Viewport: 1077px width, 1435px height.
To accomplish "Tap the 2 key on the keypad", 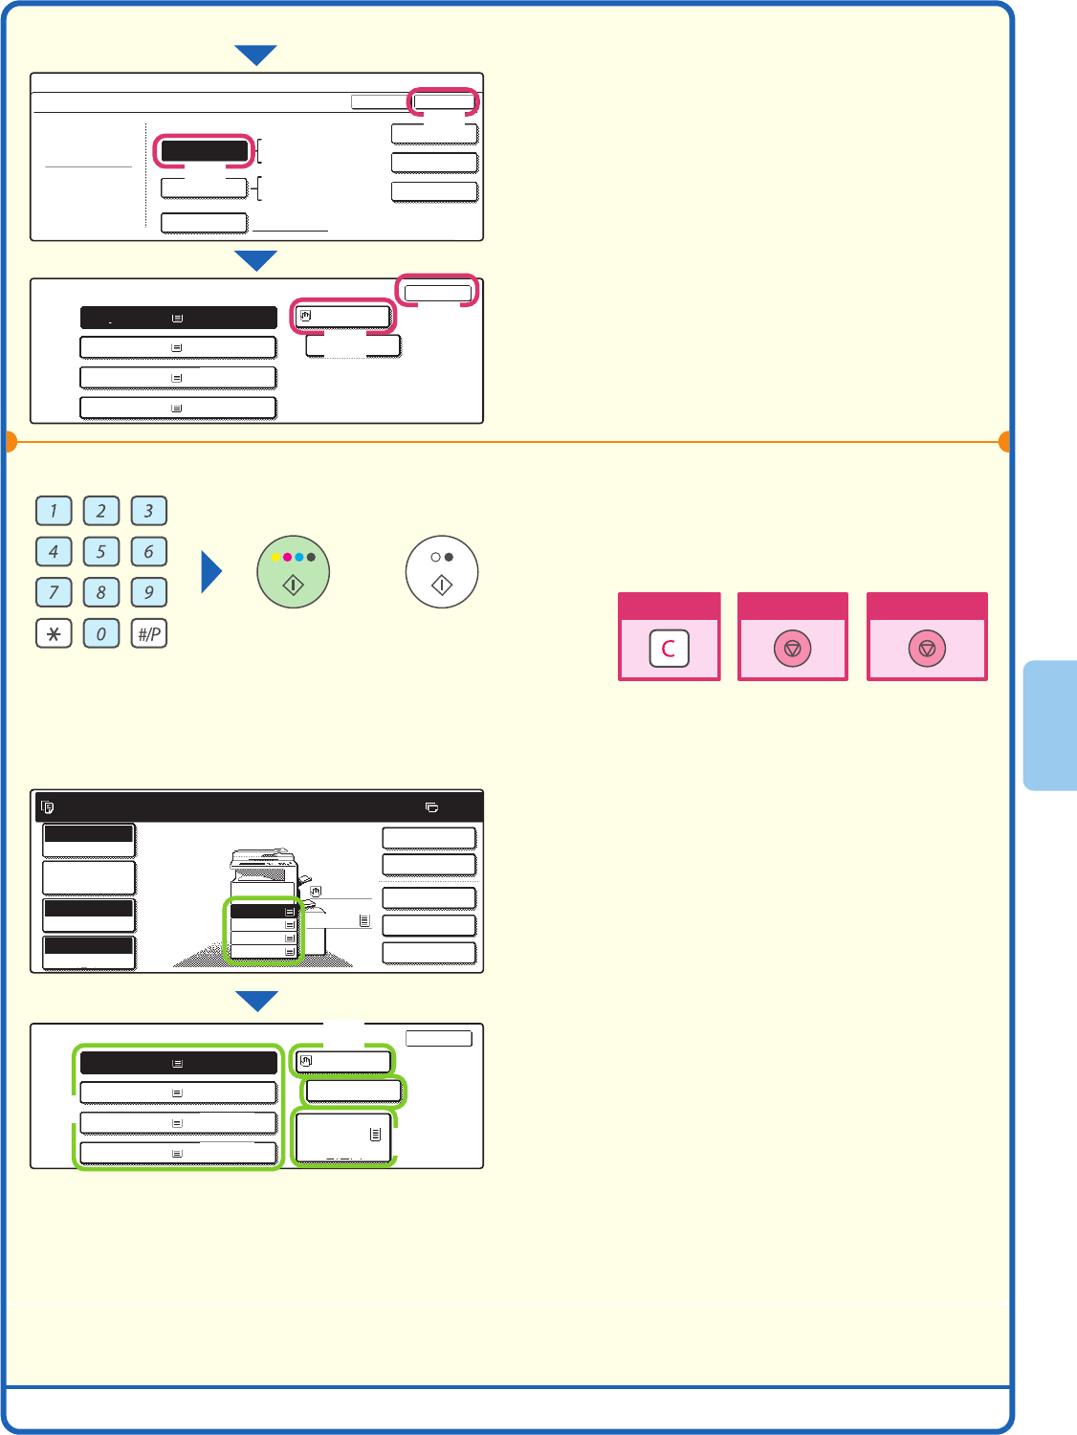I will [x=101, y=511].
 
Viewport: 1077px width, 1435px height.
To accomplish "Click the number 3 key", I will [x=149, y=511].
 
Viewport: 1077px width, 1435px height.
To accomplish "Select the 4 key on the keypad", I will [x=54, y=552].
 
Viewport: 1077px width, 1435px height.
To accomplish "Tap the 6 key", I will [x=149, y=552].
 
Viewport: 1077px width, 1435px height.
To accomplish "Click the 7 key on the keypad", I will [x=54, y=592].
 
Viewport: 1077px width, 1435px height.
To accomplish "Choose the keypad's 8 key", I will [x=101, y=592].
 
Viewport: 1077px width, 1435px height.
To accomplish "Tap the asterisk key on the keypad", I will [x=54, y=633].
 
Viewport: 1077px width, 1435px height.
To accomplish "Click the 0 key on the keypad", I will [x=101, y=633].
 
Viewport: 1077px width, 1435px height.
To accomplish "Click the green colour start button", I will [x=294, y=572].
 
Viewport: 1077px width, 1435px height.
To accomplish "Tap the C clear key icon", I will [x=669, y=649].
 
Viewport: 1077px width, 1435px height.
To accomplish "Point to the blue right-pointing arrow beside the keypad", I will [x=211, y=572].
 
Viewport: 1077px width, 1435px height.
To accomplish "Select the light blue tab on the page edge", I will [x=1050, y=724].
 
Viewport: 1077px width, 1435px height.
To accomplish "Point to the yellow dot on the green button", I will [x=275, y=557].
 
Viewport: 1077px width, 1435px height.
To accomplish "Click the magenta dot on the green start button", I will [x=287, y=557].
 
